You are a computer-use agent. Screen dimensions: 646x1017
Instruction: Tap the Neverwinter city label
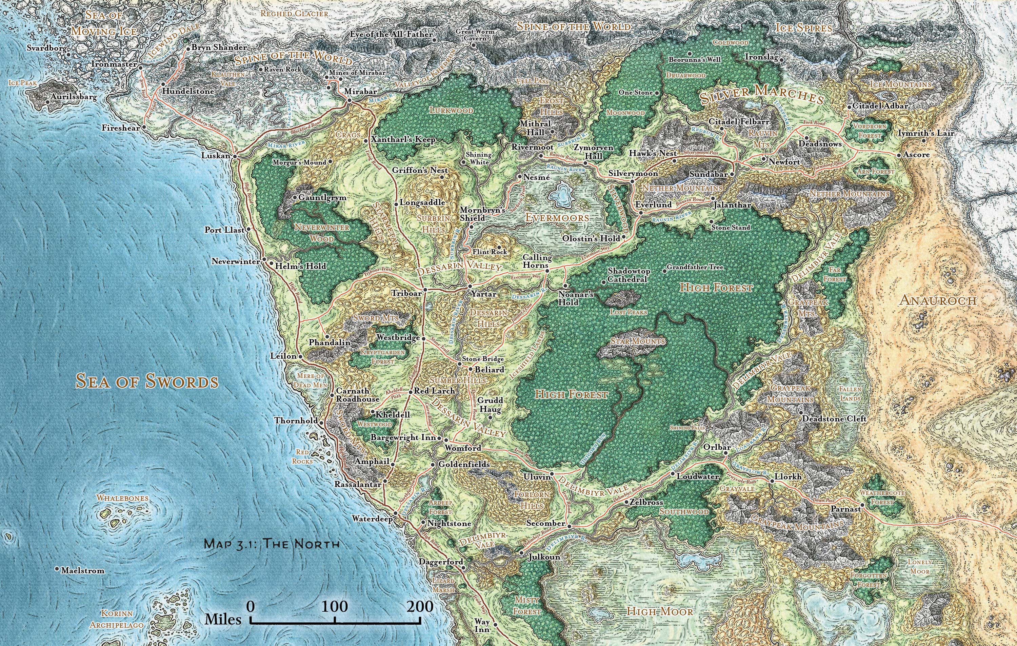(236, 262)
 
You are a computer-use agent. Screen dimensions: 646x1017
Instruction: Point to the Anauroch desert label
(935, 300)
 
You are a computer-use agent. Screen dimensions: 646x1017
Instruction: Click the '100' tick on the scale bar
(335, 607)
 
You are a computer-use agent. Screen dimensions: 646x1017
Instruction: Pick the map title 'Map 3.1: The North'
(272, 543)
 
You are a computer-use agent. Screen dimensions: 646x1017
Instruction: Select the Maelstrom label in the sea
(82, 570)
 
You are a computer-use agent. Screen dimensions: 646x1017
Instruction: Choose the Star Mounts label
(638, 340)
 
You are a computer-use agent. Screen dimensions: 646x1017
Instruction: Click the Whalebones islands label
(122, 498)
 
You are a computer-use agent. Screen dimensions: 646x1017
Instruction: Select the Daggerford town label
(441, 562)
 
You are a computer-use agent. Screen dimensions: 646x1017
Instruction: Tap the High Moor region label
(660, 611)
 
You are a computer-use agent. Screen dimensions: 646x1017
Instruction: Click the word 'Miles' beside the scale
(223, 620)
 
